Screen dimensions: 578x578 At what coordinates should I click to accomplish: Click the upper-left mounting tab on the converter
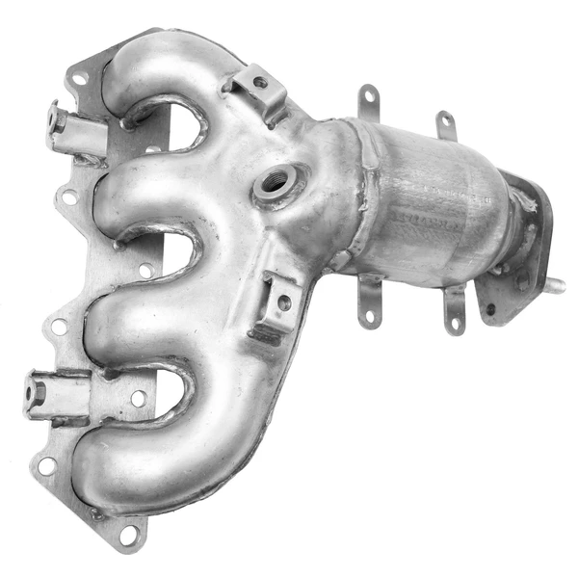pyautogui.click(x=368, y=102)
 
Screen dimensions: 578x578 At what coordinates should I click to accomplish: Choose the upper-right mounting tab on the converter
pyautogui.click(x=445, y=125)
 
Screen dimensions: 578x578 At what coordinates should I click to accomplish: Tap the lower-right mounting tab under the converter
pyautogui.click(x=453, y=313)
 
